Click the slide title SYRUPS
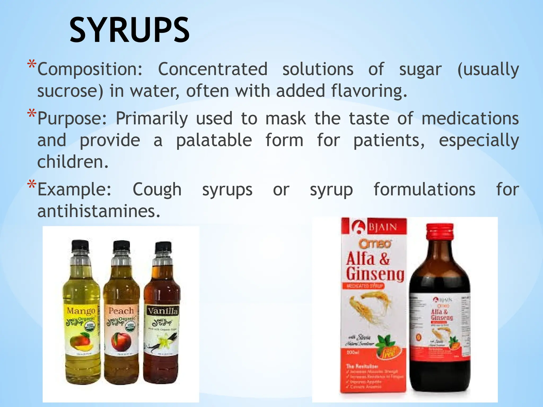(x=129, y=30)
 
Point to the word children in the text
(x=72, y=162)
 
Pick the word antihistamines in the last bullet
(x=99, y=211)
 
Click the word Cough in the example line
(x=157, y=189)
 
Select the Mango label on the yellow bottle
(x=81, y=311)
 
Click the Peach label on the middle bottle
(x=121, y=311)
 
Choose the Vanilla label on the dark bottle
(x=163, y=311)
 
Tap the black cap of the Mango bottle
(x=80, y=246)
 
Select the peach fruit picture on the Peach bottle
(x=119, y=342)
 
